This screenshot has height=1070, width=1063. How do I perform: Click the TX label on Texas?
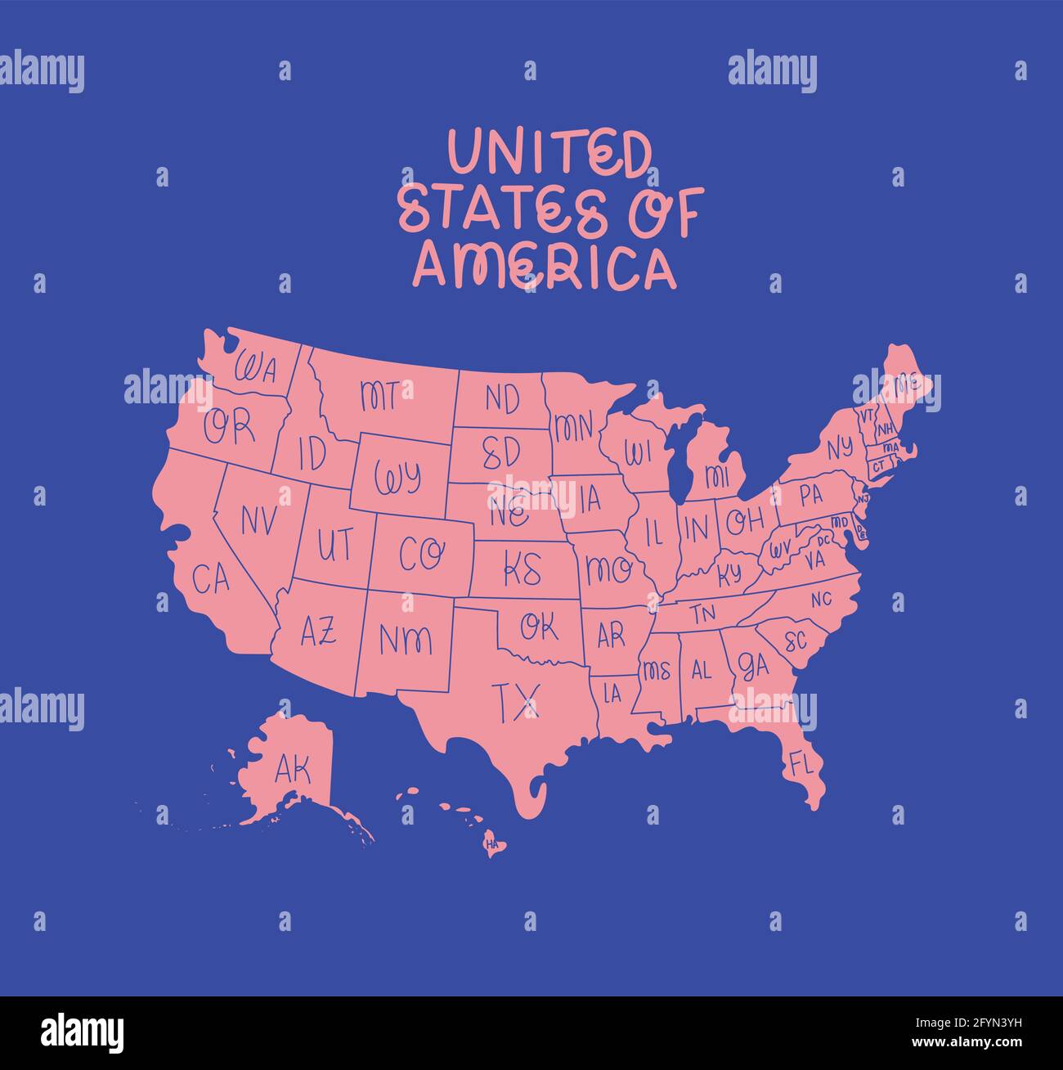516,702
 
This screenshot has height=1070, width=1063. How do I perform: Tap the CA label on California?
211,579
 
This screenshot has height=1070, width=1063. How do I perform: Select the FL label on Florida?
801,764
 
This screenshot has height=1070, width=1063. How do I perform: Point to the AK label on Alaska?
293,770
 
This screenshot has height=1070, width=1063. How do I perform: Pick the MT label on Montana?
380,396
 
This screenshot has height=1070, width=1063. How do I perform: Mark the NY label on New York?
838,448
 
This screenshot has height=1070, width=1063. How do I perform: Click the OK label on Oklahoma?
540,627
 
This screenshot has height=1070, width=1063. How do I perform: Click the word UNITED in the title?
549,153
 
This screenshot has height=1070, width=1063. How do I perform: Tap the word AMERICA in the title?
545,266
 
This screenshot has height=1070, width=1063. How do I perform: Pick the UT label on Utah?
335,544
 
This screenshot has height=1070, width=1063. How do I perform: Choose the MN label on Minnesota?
573,427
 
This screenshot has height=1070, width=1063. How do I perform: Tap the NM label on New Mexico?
406,639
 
